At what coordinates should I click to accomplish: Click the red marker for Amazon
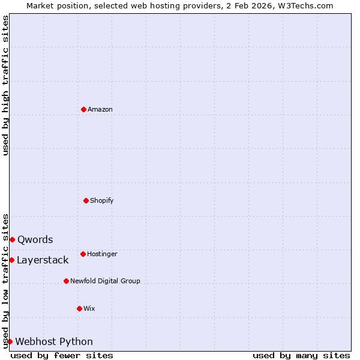(x=83, y=109)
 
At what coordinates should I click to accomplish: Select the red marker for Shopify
(x=86, y=200)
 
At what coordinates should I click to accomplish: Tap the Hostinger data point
(x=83, y=254)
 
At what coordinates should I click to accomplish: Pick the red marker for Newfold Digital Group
(x=66, y=281)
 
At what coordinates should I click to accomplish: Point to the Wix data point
(x=79, y=308)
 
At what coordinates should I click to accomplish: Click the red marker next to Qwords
(x=12, y=239)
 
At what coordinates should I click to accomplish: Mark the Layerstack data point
(x=11, y=260)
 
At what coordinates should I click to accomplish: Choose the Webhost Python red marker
(x=10, y=341)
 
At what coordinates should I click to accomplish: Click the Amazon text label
(x=100, y=109)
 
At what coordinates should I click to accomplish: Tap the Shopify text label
(x=102, y=200)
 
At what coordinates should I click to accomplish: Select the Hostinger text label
(x=102, y=254)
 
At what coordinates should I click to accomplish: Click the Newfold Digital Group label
(x=105, y=281)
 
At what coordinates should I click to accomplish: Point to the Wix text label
(x=89, y=308)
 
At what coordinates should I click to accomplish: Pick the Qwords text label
(x=35, y=239)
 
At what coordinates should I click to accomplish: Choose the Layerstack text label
(x=43, y=260)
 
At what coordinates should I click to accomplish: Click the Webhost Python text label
(x=54, y=341)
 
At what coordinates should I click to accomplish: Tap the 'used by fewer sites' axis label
(x=62, y=355)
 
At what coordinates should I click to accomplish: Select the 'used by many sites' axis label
(x=301, y=355)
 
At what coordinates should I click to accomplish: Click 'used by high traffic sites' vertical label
(x=5, y=85)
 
